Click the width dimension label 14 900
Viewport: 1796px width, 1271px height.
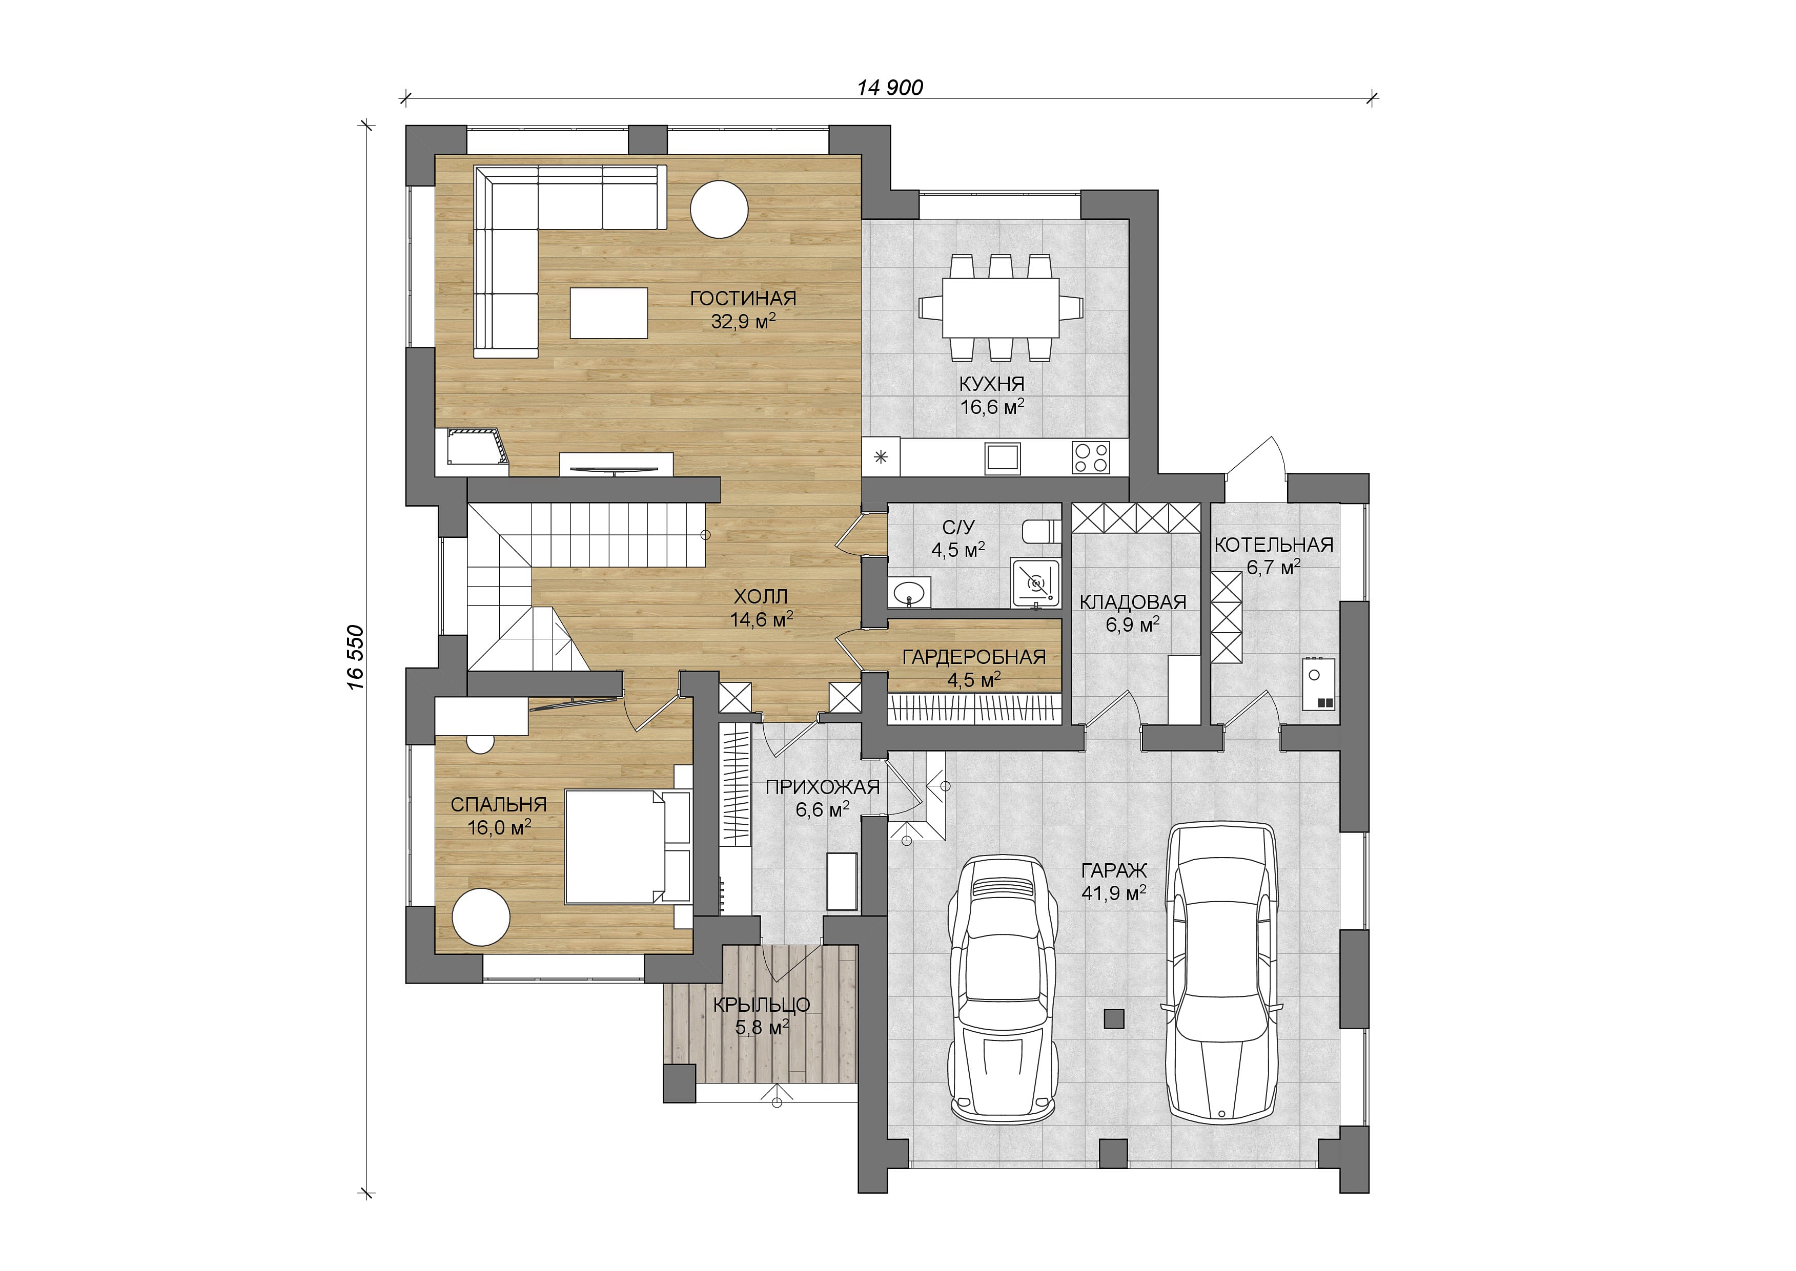tap(890, 87)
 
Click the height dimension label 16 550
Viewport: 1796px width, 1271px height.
tap(356, 657)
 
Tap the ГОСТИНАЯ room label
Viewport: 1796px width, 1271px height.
tap(743, 298)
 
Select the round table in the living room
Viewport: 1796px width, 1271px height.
tap(719, 209)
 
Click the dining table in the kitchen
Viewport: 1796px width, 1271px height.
tap(1001, 307)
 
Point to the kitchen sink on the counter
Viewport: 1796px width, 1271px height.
tap(1003, 458)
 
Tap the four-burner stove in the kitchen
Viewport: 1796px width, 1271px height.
tap(1091, 458)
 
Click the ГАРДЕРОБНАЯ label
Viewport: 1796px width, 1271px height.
tap(974, 657)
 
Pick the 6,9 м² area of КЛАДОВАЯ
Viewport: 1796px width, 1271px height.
tap(1133, 624)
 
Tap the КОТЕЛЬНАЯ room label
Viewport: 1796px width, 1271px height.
tap(1274, 545)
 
